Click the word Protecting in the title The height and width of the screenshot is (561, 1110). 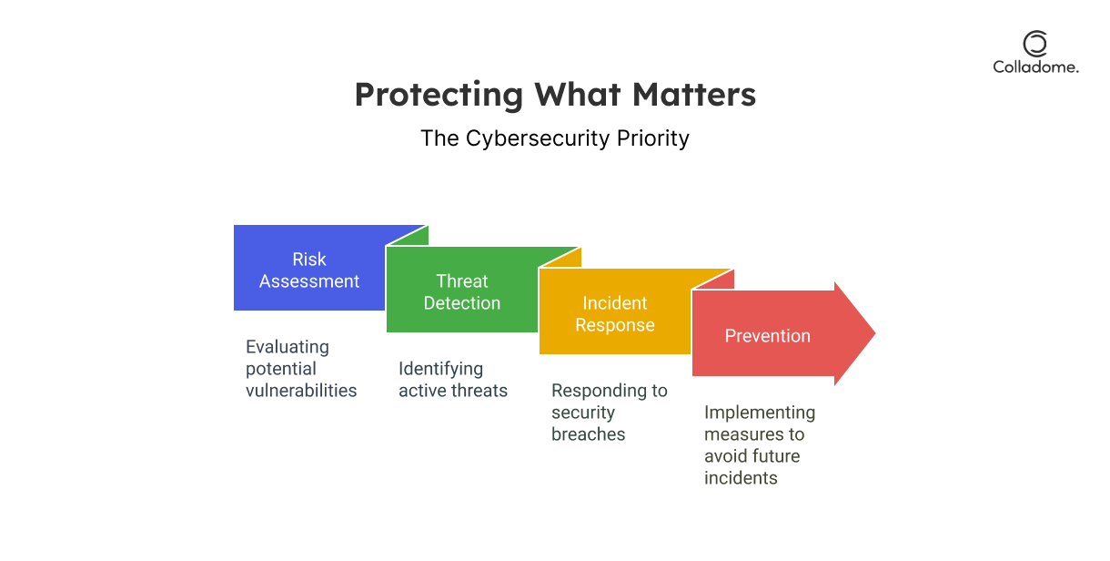439,95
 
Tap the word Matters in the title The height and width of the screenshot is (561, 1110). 694,94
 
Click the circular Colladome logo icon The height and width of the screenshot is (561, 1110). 1035,44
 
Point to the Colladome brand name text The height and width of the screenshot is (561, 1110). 1035,67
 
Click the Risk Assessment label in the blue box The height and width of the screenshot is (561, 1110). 309,270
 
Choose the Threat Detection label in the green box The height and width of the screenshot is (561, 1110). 462,292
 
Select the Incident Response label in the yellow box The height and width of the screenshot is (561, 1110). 615,314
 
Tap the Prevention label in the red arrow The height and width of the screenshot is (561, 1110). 768,336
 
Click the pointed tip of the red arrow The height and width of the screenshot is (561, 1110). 875,333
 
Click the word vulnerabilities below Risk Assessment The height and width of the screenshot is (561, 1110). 301,391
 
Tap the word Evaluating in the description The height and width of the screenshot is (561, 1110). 288,347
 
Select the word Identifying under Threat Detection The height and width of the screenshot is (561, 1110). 440,369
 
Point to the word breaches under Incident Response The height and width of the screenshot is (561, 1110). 588,434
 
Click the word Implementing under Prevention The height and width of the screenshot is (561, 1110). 760,413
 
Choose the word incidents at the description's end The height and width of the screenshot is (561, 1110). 741,477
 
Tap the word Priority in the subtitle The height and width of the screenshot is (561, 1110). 653,138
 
